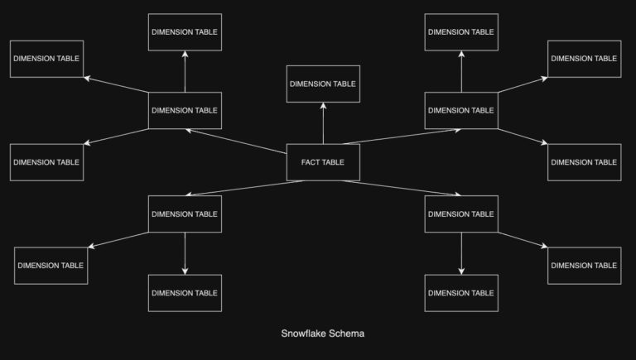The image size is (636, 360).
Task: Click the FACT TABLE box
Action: (x=323, y=162)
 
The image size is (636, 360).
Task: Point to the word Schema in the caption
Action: (x=347, y=334)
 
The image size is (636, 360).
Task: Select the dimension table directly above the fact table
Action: (x=323, y=84)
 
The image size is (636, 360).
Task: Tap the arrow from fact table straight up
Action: (x=323, y=123)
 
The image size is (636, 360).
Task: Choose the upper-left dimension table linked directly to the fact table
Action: (x=185, y=110)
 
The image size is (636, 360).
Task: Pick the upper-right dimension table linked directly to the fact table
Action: (x=461, y=110)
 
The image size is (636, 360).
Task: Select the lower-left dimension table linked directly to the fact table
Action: (x=185, y=214)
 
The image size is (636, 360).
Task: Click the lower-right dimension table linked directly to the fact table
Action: (x=461, y=214)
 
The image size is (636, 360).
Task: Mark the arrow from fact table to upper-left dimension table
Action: (x=236, y=142)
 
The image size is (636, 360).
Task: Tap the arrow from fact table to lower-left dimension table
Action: (x=244, y=188)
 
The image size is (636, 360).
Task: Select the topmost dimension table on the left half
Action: (x=185, y=31)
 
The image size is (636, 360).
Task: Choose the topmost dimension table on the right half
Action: (x=461, y=31)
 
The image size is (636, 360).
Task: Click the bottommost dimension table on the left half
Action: (x=185, y=293)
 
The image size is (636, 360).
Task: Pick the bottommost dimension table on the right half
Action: (x=461, y=293)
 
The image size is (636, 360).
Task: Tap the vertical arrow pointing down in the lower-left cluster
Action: (x=185, y=253)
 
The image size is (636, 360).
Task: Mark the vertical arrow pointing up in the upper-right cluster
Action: (x=461, y=71)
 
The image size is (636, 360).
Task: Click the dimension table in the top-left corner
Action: (x=47, y=59)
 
